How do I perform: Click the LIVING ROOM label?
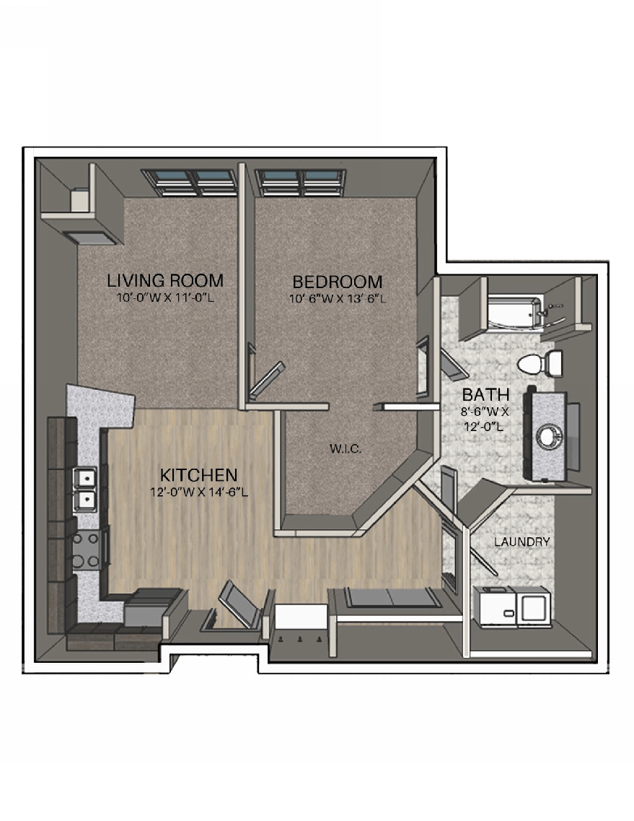tap(165, 280)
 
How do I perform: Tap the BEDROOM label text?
tap(337, 282)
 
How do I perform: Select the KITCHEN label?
tap(198, 475)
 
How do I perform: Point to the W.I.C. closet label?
tap(345, 449)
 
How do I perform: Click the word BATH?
tap(486, 395)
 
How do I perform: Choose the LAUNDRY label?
tap(522, 542)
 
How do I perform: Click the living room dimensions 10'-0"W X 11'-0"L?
tap(165, 297)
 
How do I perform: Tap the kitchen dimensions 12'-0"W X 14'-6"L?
tap(199, 493)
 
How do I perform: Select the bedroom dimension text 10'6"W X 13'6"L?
tap(338, 298)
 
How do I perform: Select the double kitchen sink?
tap(85, 488)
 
